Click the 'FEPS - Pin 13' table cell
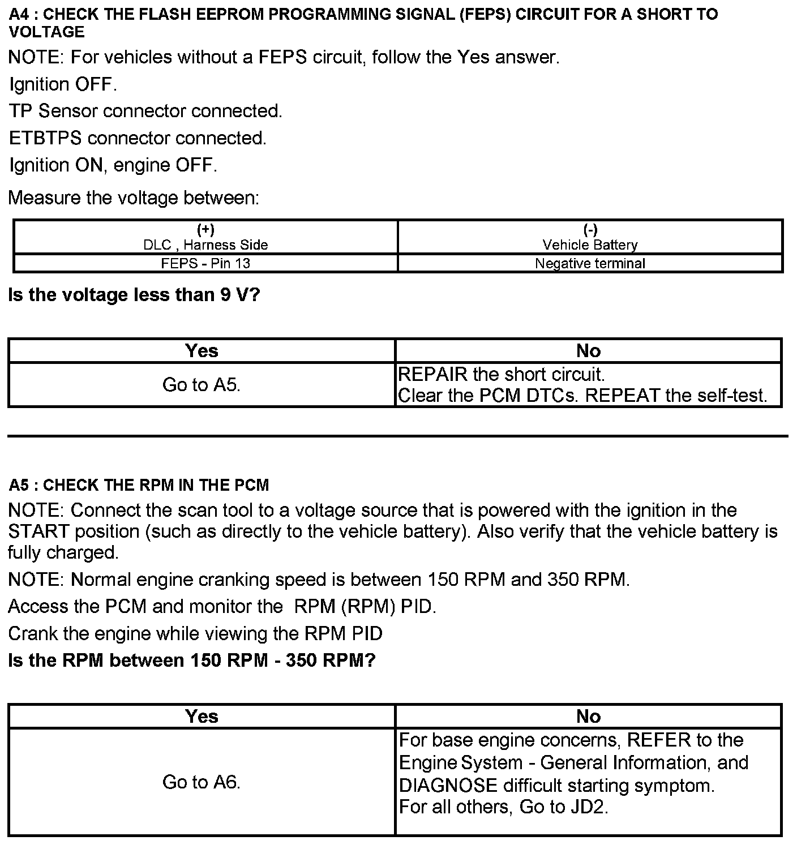(205, 263)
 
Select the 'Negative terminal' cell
(590, 263)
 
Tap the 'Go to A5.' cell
(202, 385)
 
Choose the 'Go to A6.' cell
(202, 782)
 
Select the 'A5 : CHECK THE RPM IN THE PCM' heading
(139, 485)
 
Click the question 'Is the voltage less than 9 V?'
(134, 295)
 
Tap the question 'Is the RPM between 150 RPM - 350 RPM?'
(192, 661)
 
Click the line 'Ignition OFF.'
(63, 84)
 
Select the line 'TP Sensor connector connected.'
(145, 111)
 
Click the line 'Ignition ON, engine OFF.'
(113, 165)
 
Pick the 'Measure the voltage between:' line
(134, 198)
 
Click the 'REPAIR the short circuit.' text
(502, 375)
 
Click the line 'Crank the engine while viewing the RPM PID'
(195, 633)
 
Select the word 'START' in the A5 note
(38, 532)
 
